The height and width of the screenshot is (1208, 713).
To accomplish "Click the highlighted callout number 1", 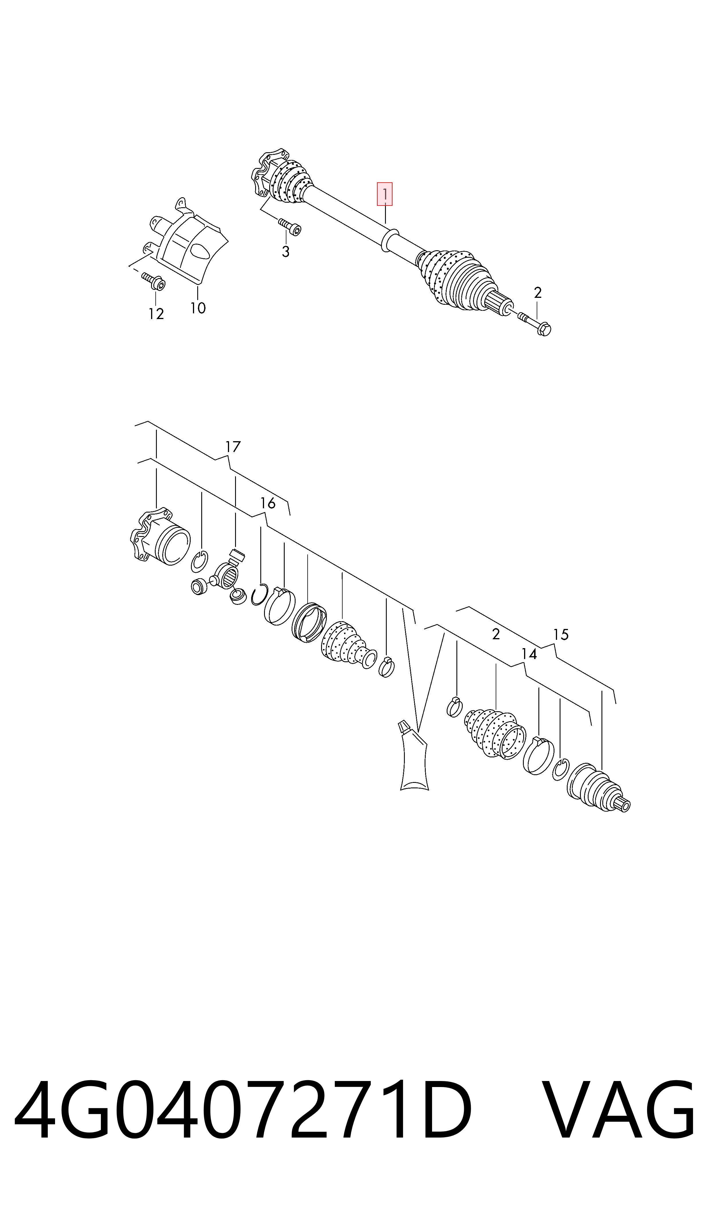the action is click(384, 194).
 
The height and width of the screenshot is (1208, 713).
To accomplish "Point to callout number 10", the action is click(198, 308).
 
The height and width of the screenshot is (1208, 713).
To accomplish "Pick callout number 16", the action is click(267, 503).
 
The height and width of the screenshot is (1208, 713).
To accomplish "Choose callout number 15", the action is click(561, 634).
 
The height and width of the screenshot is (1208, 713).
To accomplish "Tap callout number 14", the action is click(529, 654).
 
